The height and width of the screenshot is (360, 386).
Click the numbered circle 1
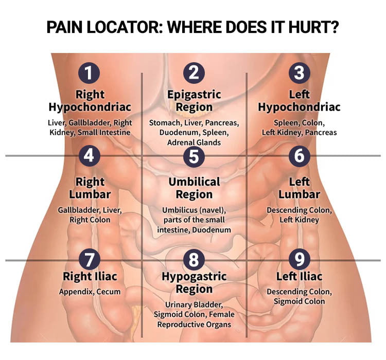(89, 73)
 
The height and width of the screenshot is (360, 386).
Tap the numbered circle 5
(194, 156)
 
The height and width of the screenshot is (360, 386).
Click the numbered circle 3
(299, 73)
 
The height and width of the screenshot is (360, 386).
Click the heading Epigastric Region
(194, 101)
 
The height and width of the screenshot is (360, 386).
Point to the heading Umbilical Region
(194, 188)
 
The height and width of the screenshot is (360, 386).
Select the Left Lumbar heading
(299, 188)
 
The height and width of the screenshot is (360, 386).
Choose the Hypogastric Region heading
(194, 282)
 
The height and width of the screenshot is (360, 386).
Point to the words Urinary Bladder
(194, 304)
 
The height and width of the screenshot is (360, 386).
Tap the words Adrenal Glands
(194, 142)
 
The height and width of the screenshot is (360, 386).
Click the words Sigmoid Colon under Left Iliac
(299, 301)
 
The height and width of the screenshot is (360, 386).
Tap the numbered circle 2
(194, 73)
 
